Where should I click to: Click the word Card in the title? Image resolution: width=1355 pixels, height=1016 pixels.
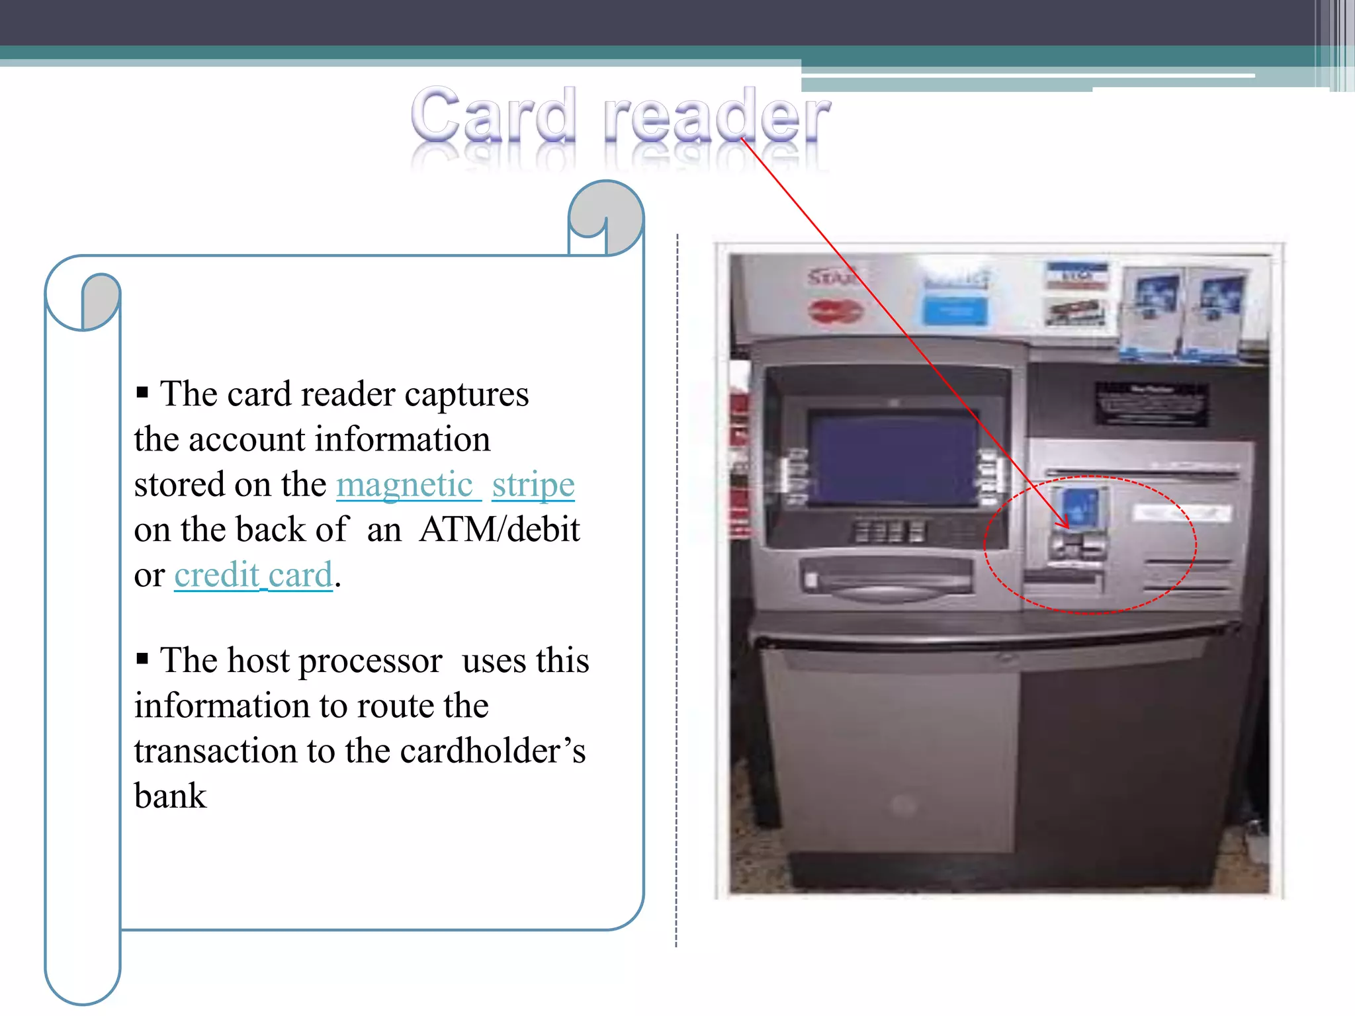tap(493, 116)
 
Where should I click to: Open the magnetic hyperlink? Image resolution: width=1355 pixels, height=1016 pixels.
tap(405, 485)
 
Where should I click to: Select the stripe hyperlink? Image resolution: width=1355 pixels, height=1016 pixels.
tap(533, 485)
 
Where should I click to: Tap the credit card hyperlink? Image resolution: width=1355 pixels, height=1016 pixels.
tap(253, 575)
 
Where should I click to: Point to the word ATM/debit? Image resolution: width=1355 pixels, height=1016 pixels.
tap(500, 530)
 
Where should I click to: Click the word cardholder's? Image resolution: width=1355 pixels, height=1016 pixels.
tap(493, 751)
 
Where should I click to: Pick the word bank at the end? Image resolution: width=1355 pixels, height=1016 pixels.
tap(170, 796)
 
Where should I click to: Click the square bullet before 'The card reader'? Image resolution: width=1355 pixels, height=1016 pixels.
tap(142, 392)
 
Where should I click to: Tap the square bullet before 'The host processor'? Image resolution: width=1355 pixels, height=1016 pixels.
tap(142, 659)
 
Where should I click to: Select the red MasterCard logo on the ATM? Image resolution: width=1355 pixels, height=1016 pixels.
tap(835, 311)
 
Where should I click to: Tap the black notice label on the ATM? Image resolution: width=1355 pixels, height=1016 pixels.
tap(1151, 403)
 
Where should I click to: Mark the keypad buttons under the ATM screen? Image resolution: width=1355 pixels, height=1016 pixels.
tap(890, 531)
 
